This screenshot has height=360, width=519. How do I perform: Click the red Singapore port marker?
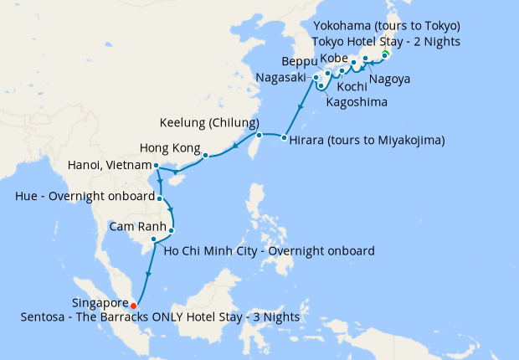tap(133, 306)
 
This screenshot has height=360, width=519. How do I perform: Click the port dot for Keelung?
tap(259, 135)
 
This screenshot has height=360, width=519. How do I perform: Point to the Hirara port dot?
tap(285, 137)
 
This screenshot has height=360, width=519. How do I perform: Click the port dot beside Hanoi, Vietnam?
tap(156, 166)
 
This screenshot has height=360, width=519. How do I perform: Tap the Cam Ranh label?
tap(137, 227)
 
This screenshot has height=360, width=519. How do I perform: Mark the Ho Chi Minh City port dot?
tap(153, 239)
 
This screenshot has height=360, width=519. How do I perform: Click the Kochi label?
tap(351, 86)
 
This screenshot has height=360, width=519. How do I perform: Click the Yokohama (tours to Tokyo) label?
tap(382, 25)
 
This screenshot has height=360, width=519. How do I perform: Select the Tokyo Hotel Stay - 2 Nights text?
tap(385, 41)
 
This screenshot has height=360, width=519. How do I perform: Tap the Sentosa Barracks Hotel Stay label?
tap(160, 317)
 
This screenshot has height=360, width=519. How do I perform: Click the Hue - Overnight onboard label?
tap(84, 197)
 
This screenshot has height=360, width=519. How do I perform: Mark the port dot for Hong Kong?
tap(204, 155)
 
